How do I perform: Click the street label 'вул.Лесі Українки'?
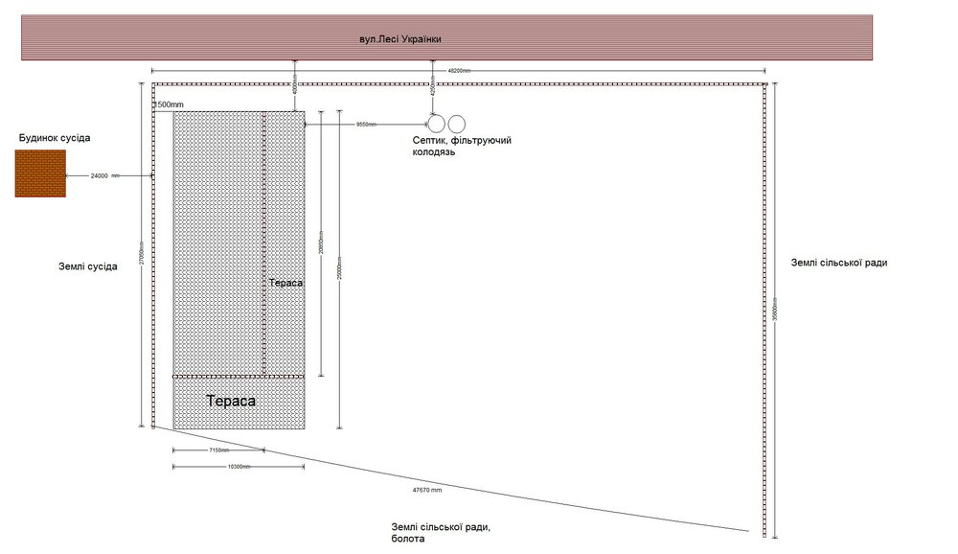coord(400,39)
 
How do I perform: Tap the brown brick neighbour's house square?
coord(40,173)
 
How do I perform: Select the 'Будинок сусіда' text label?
coord(55,138)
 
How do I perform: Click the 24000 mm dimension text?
coord(104,176)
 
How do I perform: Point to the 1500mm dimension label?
coord(171,104)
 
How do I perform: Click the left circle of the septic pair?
coord(436,124)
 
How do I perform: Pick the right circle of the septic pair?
coord(456,124)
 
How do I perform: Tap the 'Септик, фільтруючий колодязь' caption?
coord(461,146)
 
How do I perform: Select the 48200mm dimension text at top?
coord(460,72)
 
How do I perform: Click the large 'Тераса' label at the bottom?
coord(231,402)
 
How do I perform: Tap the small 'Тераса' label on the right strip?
coord(285,284)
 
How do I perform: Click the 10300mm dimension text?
coord(239,467)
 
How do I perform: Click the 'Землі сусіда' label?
coord(88,266)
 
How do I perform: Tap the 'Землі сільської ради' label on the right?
coord(838,263)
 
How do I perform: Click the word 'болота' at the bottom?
coord(407,540)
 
